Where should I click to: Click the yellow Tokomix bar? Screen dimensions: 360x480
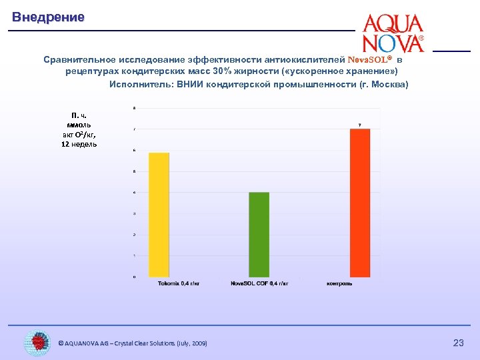point(159,214)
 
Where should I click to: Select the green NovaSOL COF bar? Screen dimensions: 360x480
point(259,234)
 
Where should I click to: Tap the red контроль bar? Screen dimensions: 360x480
point(360,203)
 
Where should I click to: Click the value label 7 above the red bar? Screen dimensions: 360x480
point(360,125)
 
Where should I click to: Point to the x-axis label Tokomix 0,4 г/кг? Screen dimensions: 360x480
point(179,283)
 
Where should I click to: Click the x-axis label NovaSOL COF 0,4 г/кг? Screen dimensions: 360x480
point(259,283)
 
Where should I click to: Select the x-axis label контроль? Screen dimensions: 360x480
point(339,283)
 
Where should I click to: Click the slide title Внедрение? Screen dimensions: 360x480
point(48,17)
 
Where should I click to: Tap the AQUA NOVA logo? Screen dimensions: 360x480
point(393,33)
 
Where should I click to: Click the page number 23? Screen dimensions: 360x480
point(458,343)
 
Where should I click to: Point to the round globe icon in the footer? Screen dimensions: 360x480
point(37,343)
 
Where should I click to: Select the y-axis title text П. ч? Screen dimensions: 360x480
point(79,115)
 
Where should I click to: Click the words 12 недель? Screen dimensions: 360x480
point(79,144)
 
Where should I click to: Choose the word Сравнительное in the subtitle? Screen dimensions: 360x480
point(84,59)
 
